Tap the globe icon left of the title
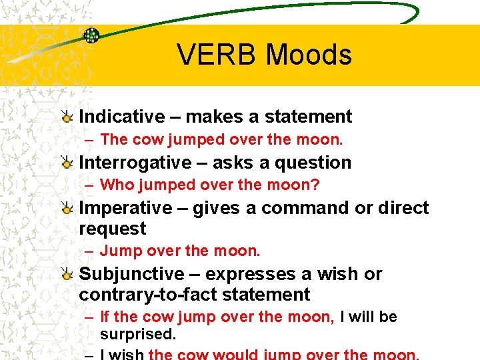tap(91, 35)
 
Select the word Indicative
tap(121, 117)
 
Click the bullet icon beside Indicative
tap(67, 117)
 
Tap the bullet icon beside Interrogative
tap(67, 163)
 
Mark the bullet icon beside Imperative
tap(67, 209)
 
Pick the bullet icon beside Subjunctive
tap(67, 275)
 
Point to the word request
tap(112, 229)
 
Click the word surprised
tap(137, 334)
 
